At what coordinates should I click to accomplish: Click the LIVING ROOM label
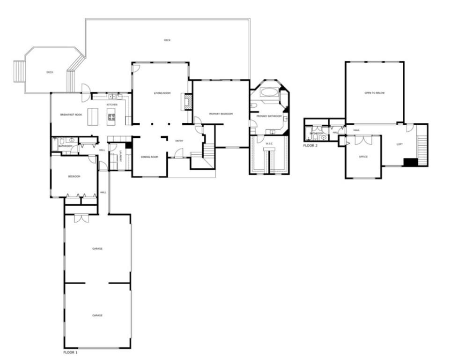coord(161,94)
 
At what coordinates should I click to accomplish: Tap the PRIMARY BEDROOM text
coord(221,114)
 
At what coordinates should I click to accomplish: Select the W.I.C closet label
coord(269,143)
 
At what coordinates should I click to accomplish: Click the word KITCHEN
coord(112,104)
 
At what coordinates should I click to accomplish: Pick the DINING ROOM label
coord(149,157)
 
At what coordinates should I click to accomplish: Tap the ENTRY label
coord(179,141)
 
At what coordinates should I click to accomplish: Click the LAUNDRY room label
coord(120,154)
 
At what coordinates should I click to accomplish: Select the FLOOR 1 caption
coord(70,352)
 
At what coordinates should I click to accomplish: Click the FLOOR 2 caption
coord(310,146)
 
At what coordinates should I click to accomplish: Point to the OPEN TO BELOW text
coord(374,93)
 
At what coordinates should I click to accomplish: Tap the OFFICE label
coord(363,157)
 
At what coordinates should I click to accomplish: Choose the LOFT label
coord(399,144)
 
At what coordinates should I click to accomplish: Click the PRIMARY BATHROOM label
coord(269,116)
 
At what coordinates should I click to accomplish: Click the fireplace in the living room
coord(187,102)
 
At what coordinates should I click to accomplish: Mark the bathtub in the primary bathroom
coord(268,91)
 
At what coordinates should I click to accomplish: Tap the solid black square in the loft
coord(410,162)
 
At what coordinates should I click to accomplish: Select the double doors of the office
coord(362,140)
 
